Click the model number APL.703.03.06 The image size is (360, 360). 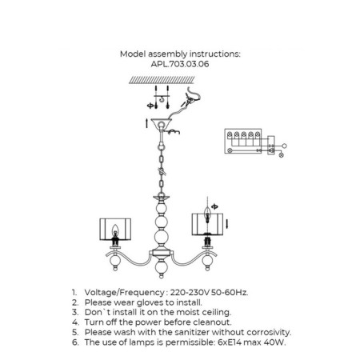click(x=180, y=64)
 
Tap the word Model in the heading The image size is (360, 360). click(x=133, y=54)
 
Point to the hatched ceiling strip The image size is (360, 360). click(x=162, y=80)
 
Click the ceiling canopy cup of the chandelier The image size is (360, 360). click(x=161, y=123)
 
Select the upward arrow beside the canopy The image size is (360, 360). click(x=146, y=123)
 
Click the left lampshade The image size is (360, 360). click(x=115, y=230)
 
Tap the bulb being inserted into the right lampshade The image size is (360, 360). click(x=207, y=214)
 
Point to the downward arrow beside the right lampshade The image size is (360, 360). click(x=226, y=223)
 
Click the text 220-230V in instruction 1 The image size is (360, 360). click(x=190, y=293)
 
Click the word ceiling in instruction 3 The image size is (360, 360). click(x=216, y=313)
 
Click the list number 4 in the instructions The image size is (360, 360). click(x=75, y=322)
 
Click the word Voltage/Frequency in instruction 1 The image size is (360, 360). click(x=124, y=293)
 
